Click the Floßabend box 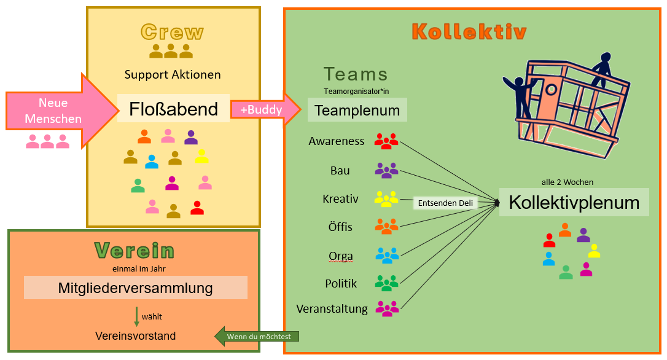point(173,109)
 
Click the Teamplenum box point(357,111)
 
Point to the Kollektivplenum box point(574,202)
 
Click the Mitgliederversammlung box point(135,288)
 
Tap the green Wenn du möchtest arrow point(258,336)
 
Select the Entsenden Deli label point(445,203)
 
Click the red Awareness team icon point(386,141)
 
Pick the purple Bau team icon point(386,171)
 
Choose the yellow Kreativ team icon point(386,198)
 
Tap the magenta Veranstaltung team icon point(386,308)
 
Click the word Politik point(341,283)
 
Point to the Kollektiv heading point(469,31)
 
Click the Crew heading point(172,32)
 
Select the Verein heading point(135,250)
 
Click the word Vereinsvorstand point(135,336)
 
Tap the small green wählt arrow point(136,316)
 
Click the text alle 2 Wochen point(568,182)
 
